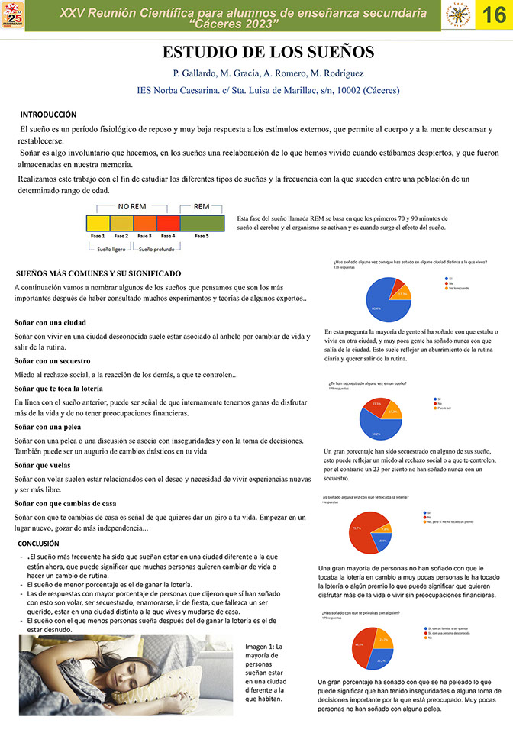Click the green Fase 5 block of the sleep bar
coord(202,223)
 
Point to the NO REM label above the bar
coord(131,206)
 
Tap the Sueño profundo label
coord(156,250)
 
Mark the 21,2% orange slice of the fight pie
coord(383,641)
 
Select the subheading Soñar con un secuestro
coord(53,360)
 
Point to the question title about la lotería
coord(366,498)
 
